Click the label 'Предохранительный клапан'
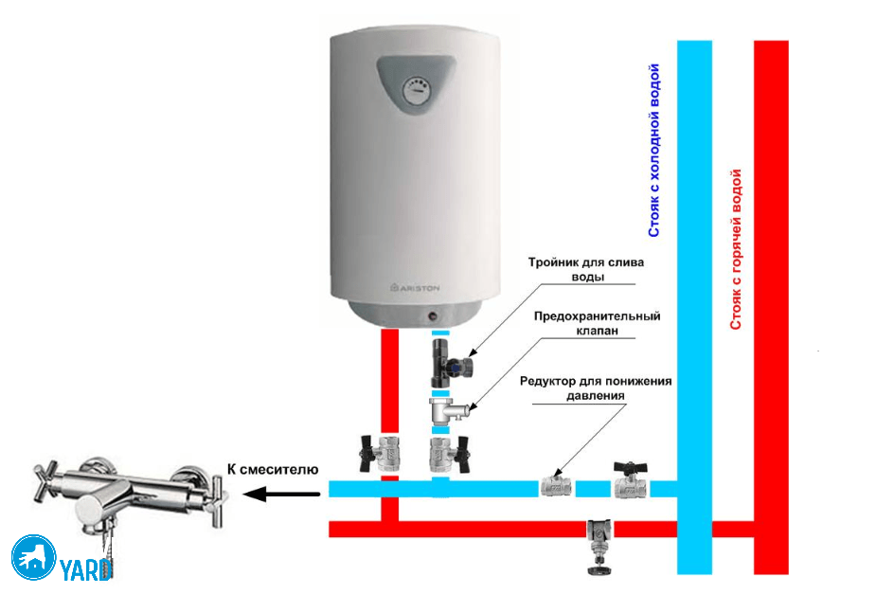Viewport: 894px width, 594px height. [x=597, y=324]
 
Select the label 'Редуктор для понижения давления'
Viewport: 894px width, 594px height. [x=596, y=387]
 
